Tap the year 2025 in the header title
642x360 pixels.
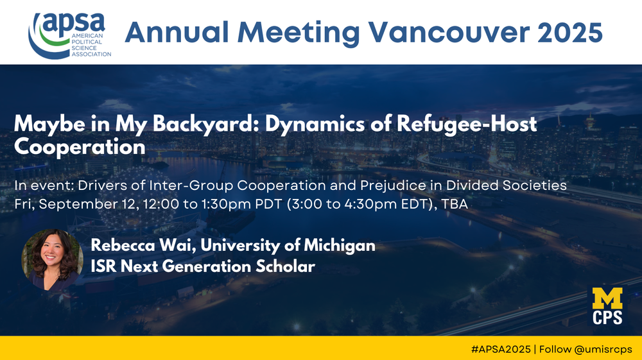570,32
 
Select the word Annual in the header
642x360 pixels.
177,32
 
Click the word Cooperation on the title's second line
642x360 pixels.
80,147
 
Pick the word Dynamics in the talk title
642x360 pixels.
315,124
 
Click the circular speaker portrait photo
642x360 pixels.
52,260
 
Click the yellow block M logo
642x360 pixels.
607,298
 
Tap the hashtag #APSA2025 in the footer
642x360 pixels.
501,349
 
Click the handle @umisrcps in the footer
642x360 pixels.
603,349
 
